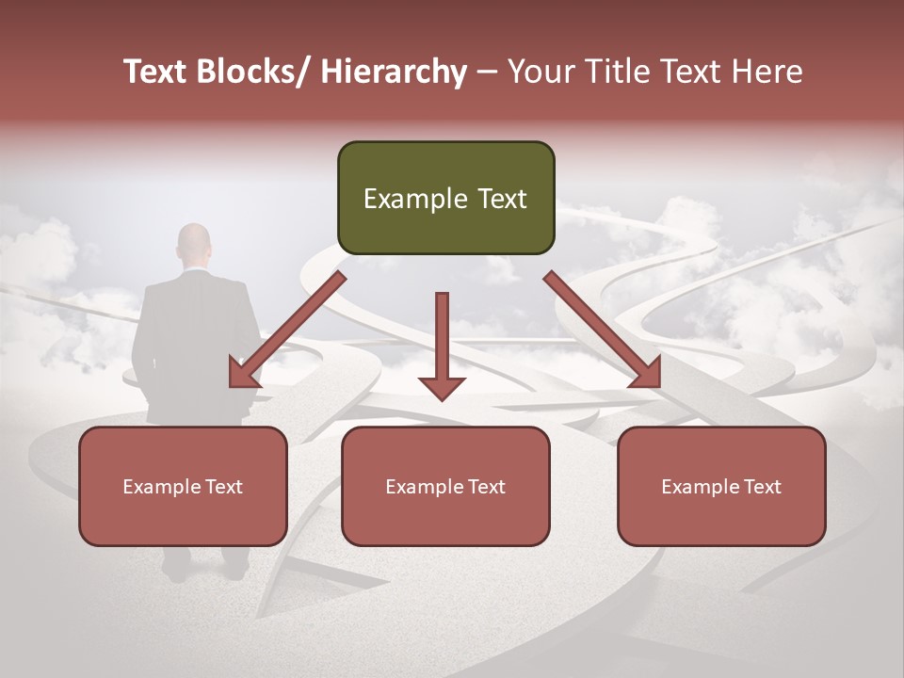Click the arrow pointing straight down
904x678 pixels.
click(x=442, y=348)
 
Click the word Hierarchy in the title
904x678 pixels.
click(x=393, y=72)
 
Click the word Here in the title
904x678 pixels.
click(x=768, y=72)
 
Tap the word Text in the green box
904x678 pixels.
click(x=501, y=199)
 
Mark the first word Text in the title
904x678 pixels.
click(x=156, y=72)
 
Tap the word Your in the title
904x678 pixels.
click(x=540, y=72)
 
